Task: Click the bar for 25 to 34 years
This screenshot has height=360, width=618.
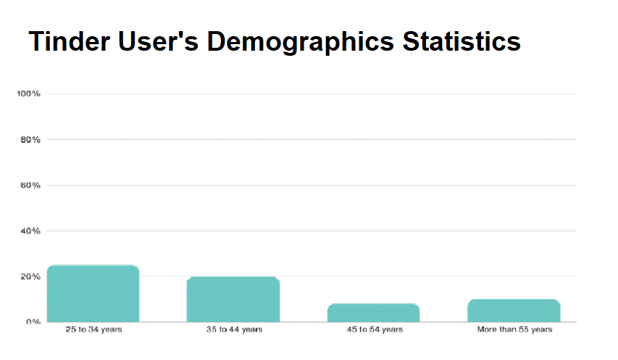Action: point(93,293)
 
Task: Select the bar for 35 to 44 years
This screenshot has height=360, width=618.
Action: point(233,299)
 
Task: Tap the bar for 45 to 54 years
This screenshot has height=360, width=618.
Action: point(373,312)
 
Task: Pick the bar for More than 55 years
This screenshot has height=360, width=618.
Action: point(514,310)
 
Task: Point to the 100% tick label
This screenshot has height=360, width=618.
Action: point(28,94)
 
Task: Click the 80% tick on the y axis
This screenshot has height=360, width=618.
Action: point(30,140)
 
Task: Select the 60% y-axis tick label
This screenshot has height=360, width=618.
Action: point(30,185)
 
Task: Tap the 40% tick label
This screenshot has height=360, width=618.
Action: point(30,231)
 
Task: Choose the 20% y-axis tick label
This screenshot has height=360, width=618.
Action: point(30,277)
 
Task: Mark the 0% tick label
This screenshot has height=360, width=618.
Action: point(32,322)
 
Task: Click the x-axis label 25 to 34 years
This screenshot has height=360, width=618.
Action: point(93,330)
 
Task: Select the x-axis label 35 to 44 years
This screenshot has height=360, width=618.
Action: point(234,330)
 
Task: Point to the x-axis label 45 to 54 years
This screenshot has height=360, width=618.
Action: point(374,330)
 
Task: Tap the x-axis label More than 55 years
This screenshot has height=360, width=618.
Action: point(514,330)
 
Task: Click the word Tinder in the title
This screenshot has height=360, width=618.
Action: point(70,41)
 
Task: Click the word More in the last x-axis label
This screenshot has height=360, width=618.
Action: point(487,330)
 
